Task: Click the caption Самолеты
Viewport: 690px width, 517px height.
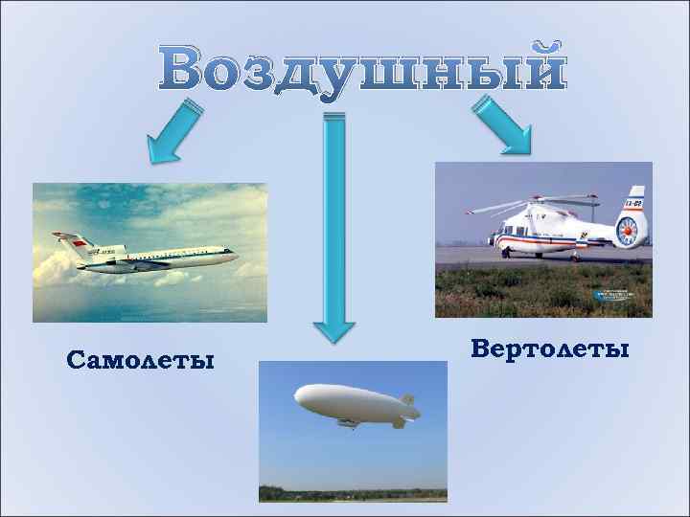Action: point(141,360)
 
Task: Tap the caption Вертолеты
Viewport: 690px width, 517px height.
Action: point(551,348)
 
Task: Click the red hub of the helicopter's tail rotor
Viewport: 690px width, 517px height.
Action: point(627,230)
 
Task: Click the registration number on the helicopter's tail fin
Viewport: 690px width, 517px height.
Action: point(632,202)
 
